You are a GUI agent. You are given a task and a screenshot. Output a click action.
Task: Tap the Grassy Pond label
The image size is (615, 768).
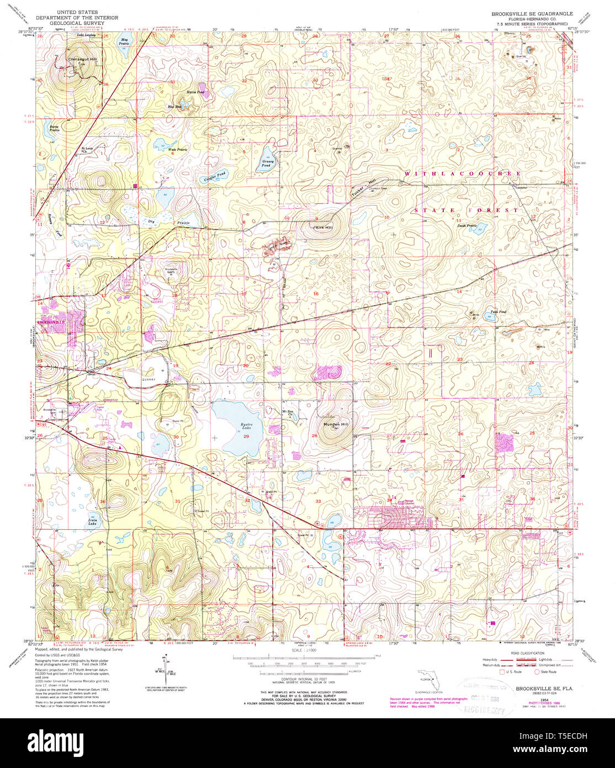point(266,164)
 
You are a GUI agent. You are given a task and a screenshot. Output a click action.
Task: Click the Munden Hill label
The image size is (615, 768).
point(336,424)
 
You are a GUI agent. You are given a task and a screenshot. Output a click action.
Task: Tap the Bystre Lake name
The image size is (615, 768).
point(231,426)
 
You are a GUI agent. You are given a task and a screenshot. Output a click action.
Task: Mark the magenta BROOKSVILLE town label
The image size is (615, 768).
point(51,322)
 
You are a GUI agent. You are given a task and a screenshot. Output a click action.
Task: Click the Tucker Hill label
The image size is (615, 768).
point(364,189)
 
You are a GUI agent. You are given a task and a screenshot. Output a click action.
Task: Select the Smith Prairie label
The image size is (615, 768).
point(466,225)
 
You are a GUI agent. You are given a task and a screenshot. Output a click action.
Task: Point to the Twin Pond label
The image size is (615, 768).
point(498,312)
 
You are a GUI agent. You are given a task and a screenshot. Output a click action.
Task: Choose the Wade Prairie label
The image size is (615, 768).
point(177,150)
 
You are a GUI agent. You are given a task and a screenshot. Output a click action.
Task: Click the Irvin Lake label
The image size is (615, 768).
point(92,521)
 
